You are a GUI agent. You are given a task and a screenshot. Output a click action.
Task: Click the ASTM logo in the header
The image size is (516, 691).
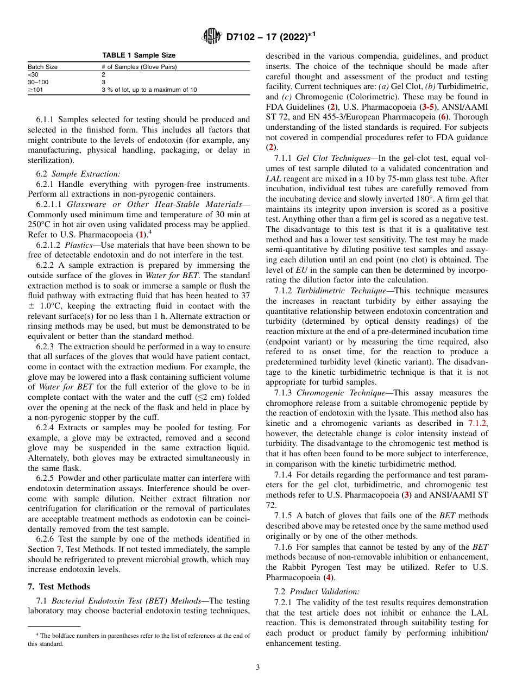211,36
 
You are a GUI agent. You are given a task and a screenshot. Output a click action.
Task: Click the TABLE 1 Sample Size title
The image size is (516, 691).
139,55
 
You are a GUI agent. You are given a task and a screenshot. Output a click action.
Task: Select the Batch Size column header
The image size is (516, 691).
43,67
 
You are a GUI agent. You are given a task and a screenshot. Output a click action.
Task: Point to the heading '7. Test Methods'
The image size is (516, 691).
59,587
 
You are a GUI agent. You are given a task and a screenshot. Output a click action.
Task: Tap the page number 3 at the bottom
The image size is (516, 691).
258,668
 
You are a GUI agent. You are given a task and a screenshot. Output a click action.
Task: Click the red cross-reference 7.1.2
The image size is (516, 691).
478,424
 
